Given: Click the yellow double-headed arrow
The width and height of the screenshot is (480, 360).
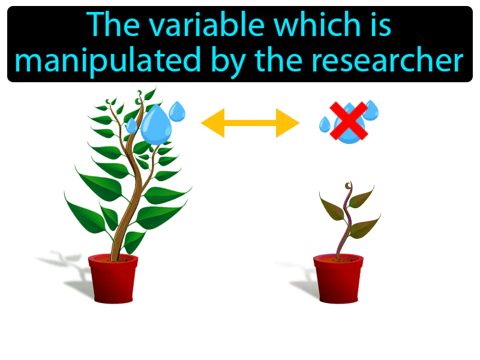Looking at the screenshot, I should tap(250, 124).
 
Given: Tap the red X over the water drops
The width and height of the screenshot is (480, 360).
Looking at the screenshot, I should tap(349, 121).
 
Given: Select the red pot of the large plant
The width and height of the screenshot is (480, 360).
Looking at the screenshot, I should tap(113, 278).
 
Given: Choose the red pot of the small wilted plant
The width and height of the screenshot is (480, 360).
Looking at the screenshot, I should tap(338, 278).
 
